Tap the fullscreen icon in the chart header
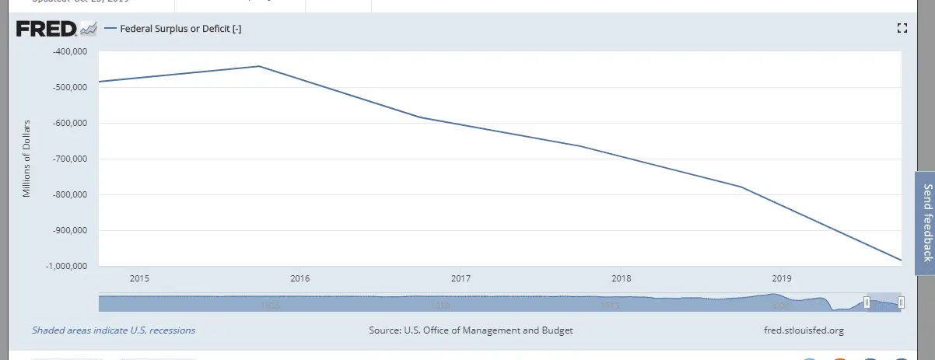point(902,29)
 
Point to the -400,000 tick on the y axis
point(69,52)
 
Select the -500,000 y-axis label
point(69,88)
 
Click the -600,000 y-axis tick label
point(69,124)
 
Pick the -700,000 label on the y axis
point(69,159)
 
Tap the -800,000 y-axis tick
point(69,195)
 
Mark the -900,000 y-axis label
point(69,231)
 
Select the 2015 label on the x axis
point(139,278)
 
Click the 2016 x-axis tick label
point(300,278)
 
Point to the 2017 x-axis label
point(460,278)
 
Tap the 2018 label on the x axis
point(622,278)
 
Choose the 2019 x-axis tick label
point(782,278)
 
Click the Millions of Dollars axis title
point(26,159)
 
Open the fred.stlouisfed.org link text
point(804,330)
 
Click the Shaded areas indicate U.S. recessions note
point(114,330)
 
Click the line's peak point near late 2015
point(259,66)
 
